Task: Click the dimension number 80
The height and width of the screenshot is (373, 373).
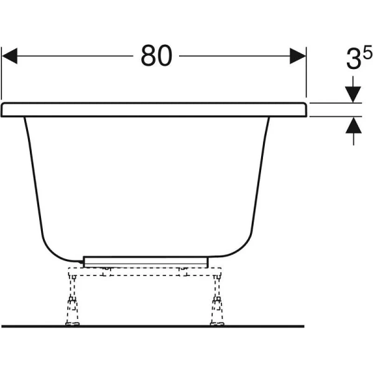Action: coord(156,57)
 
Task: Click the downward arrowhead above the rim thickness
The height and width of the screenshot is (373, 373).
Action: coord(353,93)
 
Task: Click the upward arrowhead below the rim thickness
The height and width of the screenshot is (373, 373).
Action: coord(353,126)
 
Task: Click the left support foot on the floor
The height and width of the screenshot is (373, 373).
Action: coord(73,321)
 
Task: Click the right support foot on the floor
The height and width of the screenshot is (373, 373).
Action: coord(217,321)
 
